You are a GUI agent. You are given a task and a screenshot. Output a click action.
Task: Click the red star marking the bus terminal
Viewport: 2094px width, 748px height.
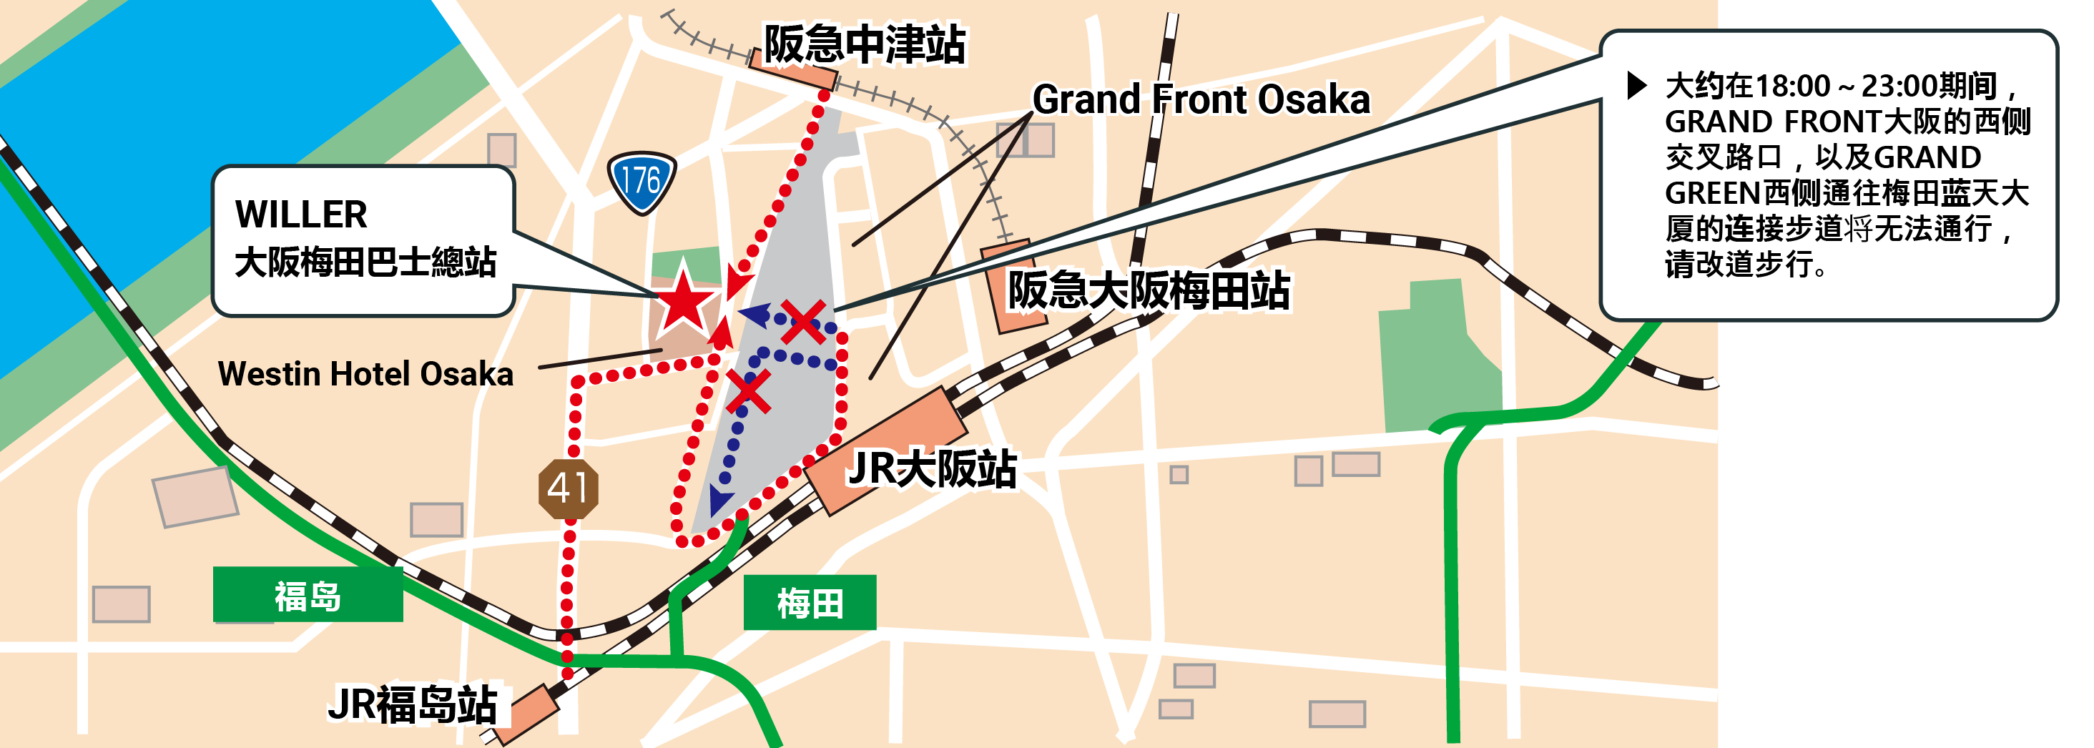click(x=683, y=302)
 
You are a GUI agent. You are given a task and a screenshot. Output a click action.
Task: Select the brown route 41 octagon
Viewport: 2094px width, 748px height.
click(x=569, y=488)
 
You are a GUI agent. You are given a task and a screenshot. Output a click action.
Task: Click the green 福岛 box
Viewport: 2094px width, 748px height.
click(x=308, y=596)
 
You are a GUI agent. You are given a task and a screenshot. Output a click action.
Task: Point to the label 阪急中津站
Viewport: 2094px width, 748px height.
click(x=864, y=45)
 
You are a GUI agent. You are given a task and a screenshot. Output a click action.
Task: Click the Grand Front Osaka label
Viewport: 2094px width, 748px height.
click(x=1201, y=100)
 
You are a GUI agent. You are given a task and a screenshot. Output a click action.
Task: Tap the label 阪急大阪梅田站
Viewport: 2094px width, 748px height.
click(x=1148, y=290)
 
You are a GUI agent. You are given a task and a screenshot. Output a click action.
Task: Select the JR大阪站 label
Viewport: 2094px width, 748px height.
click(x=932, y=469)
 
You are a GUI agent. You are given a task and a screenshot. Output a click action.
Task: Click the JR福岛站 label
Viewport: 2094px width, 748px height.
click(x=413, y=704)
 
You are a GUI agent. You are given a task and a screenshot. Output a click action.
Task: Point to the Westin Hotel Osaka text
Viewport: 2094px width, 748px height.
click(x=365, y=374)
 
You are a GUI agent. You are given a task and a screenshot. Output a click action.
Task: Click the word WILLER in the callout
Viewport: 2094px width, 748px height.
click(x=302, y=215)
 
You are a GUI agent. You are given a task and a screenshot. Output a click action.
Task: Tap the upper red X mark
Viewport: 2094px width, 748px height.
click(x=803, y=321)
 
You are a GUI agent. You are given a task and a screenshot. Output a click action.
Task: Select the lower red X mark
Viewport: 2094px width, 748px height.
click(x=748, y=392)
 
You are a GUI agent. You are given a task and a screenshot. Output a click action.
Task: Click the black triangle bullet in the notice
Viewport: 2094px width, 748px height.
click(x=1636, y=85)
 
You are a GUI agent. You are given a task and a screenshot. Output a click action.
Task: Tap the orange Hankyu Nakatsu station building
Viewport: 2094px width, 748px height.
click(x=792, y=72)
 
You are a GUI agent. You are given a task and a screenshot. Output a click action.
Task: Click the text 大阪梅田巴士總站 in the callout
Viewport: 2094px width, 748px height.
click(x=365, y=262)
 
